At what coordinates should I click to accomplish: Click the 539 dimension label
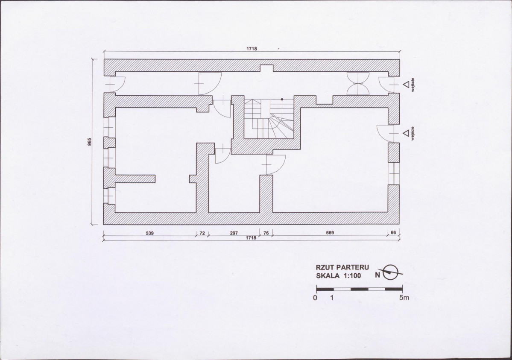(149, 233)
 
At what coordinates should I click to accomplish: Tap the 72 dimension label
(202, 233)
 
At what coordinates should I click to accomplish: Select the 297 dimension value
(234, 233)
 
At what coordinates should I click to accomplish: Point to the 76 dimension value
(266, 233)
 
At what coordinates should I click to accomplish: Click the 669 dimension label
(330, 233)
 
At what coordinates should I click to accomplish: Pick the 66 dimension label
(393, 233)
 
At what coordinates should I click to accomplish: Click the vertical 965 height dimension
(90, 142)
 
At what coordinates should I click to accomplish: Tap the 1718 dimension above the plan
(252, 49)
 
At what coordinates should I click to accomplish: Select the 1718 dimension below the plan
(251, 238)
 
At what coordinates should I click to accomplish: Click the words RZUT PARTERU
(342, 267)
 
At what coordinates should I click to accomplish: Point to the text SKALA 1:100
(339, 275)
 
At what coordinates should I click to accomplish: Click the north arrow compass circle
(390, 272)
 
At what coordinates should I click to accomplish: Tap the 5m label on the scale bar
(404, 298)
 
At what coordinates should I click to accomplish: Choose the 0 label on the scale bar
(315, 298)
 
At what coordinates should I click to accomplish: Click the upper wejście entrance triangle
(406, 84)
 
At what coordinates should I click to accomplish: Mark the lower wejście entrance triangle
(406, 133)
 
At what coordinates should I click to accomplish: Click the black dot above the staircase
(282, 99)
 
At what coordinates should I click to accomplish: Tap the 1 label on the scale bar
(332, 298)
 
